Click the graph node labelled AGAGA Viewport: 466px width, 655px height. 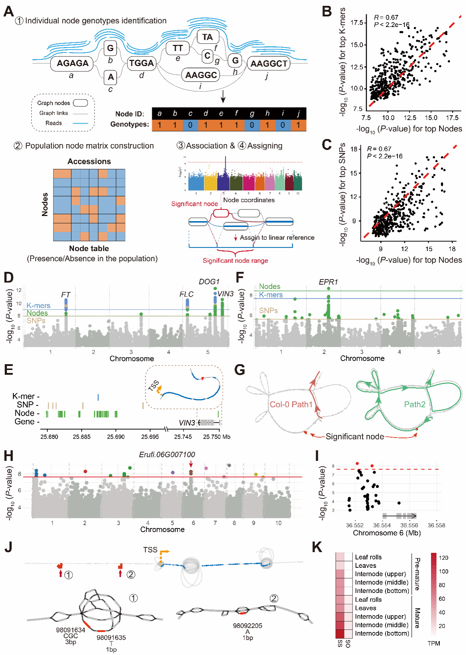point(73,63)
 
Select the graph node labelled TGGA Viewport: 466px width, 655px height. point(141,63)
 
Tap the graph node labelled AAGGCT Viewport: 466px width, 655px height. point(269,63)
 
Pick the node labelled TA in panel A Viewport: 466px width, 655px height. point(207,37)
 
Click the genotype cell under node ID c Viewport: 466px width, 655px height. point(190,125)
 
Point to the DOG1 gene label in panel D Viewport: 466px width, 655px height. point(209,282)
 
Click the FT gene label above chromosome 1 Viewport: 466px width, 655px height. point(66,294)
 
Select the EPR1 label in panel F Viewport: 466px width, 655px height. point(328,282)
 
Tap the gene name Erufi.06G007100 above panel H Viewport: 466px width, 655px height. point(167,455)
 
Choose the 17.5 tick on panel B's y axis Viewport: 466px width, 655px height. point(357,23)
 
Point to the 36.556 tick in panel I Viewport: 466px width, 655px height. point(409,525)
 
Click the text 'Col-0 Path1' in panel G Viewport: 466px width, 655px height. point(291,405)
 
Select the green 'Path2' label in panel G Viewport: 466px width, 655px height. point(415,404)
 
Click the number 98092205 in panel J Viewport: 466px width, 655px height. point(248,626)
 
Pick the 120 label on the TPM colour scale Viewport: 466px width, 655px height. point(443,558)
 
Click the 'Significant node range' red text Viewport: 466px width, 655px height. point(235,261)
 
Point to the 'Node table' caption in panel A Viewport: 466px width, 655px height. point(89,248)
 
